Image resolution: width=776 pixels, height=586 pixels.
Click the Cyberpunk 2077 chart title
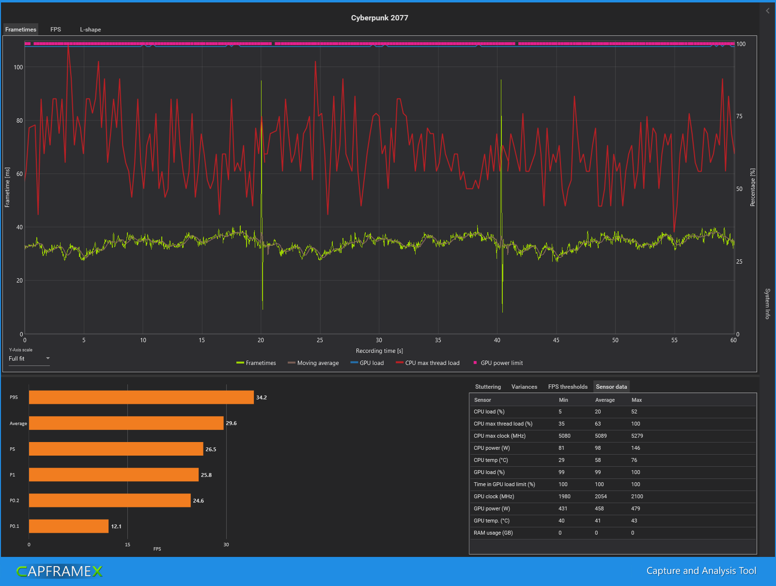pyautogui.click(x=379, y=18)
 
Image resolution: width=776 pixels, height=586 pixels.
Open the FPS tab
pyautogui.click(x=56, y=30)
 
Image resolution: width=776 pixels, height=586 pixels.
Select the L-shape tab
pyautogui.click(x=91, y=30)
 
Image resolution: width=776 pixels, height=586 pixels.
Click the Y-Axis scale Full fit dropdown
pyautogui.click(x=29, y=359)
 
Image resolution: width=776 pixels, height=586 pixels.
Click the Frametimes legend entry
pyautogui.click(x=256, y=363)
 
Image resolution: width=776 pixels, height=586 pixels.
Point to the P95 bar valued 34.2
pyautogui.click(x=141, y=397)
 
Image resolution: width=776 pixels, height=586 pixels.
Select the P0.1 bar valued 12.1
pyautogui.click(x=68, y=526)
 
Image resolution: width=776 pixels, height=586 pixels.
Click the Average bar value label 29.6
pyautogui.click(x=232, y=423)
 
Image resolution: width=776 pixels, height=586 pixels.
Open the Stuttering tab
pyautogui.click(x=488, y=387)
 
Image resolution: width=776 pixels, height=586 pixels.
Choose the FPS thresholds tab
pyautogui.click(x=568, y=387)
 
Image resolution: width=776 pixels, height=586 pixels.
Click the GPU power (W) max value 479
pyautogui.click(x=636, y=508)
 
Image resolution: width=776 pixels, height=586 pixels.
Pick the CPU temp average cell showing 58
pyautogui.click(x=598, y=460)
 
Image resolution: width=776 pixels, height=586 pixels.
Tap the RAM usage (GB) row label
pyautogui.click(x=493, y=533)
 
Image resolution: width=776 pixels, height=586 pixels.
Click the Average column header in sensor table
pyautogui.click(x=605, y=400)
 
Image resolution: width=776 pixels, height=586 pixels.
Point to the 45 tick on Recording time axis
pyautogui.click(x=556, y=340)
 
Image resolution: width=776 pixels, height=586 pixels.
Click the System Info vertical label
pyautogui.click(x=767, y=303)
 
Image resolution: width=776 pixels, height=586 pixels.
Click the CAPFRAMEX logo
pyautogui.click(x=60, y=571)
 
